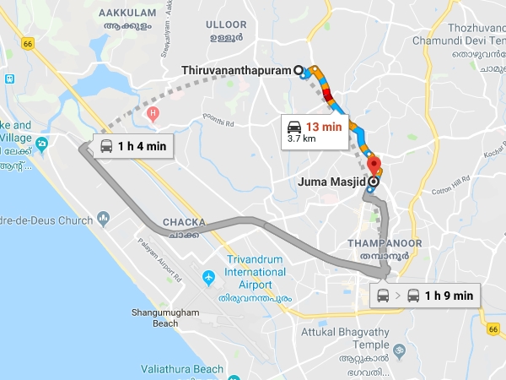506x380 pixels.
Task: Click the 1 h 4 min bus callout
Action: pyautogui.click(x=132, y=146)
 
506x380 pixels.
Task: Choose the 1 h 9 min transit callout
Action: pyautogui.click(x=427, y=296)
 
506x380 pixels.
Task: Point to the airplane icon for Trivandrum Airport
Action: pyautogui.click(x=208, y=277)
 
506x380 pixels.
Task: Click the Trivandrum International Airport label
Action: pyautogui.click(x=256, y=273)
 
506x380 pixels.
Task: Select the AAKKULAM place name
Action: pyautogui.click(x=128, y=14)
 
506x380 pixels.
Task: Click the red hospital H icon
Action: pyautogui.click(x=153, y=113)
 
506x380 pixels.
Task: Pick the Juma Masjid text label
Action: pyautogui.click(x=333, y=180)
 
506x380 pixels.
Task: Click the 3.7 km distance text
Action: pyautogui.click(x=302, y=138)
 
